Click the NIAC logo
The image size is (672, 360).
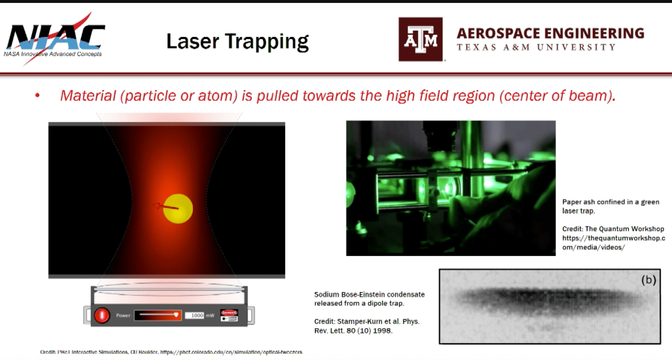pyautogui.click(x=55, y=38)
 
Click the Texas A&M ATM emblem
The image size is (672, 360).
pyautogui.click(x=420, y=39)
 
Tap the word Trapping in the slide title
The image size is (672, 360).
pyautogui.click(x=267, y=41)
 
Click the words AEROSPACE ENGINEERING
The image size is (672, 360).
pyautogui.click(x=550, y=33)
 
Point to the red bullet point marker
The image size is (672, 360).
pyautogui.click(x=37, y=96)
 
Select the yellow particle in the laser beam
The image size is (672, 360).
pyautogui.click(x=178, y=209)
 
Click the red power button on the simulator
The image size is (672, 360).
pyautogui.click(x=102, y=315)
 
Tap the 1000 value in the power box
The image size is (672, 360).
pyautogui.click(x=197, y=315)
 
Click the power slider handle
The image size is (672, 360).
pyautogui.click(x=176, y=315)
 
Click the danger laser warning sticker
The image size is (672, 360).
pyautogui.click(x=229, y=315)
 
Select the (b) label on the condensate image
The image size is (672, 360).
pyautogui.click(x=648, y=280)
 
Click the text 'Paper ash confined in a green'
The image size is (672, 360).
pyautogui.click(x=610, y=202)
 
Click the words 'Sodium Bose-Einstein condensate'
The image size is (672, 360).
pyautogui.click(x=369, y=294)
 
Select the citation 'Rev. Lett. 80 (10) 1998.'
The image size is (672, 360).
pyautogui.click(x=353, y=331)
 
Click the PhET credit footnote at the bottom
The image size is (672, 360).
pyautogui.click(x=171, y=352)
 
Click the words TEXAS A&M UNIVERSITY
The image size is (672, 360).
pyautogui.click(x=536, y=47)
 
